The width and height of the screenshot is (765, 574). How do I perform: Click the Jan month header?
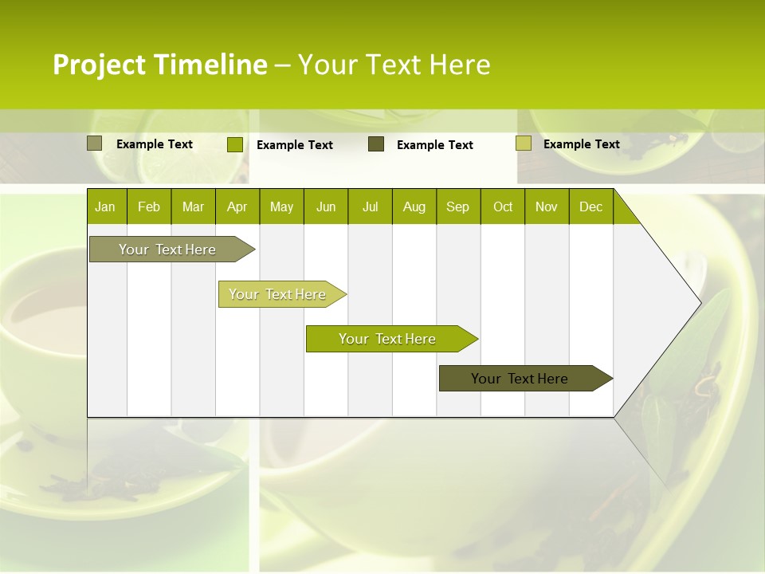pos(106,206)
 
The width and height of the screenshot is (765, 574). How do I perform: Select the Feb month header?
pos(149,206)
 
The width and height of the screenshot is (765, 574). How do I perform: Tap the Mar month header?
pos(193,206)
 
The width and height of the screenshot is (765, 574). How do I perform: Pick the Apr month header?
pos(237,206)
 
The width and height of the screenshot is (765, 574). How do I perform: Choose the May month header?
pos(281,206)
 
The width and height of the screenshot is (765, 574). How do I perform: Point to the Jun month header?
pos(326,206)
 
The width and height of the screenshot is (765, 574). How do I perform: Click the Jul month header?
pos(370,206)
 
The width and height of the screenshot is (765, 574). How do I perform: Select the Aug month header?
pos(414,206)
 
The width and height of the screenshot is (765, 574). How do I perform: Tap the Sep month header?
pos(458,206)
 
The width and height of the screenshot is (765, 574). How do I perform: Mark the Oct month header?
pos(503,206)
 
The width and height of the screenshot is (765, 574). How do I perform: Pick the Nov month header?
pos(547,206)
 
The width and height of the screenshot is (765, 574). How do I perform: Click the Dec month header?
pos(590,206)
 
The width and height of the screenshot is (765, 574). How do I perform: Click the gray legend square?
pos(94,143)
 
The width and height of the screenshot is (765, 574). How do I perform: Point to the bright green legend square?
pos(234,144)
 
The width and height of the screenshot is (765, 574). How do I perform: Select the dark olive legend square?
pos(376,144)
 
